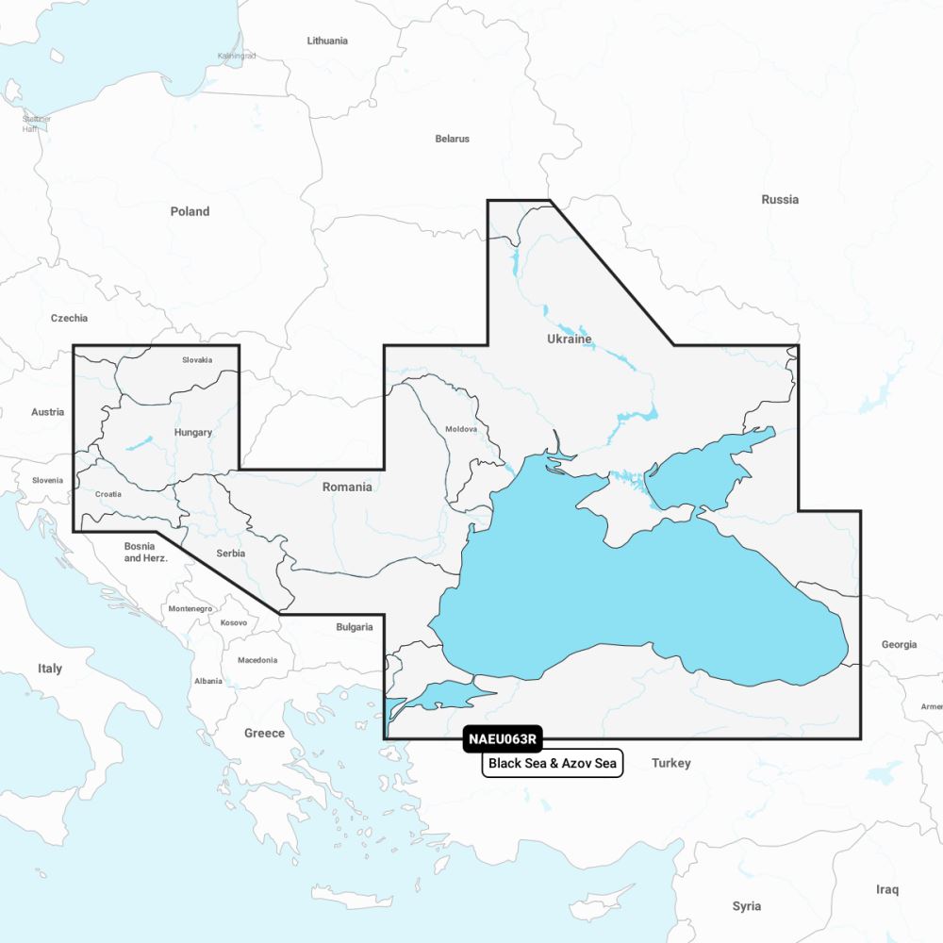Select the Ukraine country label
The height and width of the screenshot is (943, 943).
click(570, 339)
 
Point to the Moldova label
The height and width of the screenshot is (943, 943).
click(461, 429)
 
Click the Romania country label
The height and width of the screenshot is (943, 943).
click(347, 487)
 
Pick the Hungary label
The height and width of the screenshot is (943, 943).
click(193, 433)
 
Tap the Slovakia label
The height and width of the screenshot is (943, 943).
click(197, 360)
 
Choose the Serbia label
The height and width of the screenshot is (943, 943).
click(230, 554)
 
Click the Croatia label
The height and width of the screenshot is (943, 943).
click(108, 494)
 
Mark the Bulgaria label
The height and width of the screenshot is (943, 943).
click(355, 627)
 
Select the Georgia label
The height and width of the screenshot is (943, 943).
click(899, 645)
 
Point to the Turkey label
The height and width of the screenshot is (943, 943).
click(671, 763)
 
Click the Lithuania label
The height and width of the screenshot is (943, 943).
click(327, 41)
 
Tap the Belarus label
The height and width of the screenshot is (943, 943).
click(452, 139)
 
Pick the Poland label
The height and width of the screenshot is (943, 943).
click(190, 211)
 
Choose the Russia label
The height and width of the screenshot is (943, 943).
click(780, 199)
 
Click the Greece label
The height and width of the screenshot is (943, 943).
click(264, 733)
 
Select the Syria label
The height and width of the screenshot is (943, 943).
click(746, 906)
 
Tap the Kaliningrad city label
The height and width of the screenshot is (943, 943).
click(236, 57)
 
